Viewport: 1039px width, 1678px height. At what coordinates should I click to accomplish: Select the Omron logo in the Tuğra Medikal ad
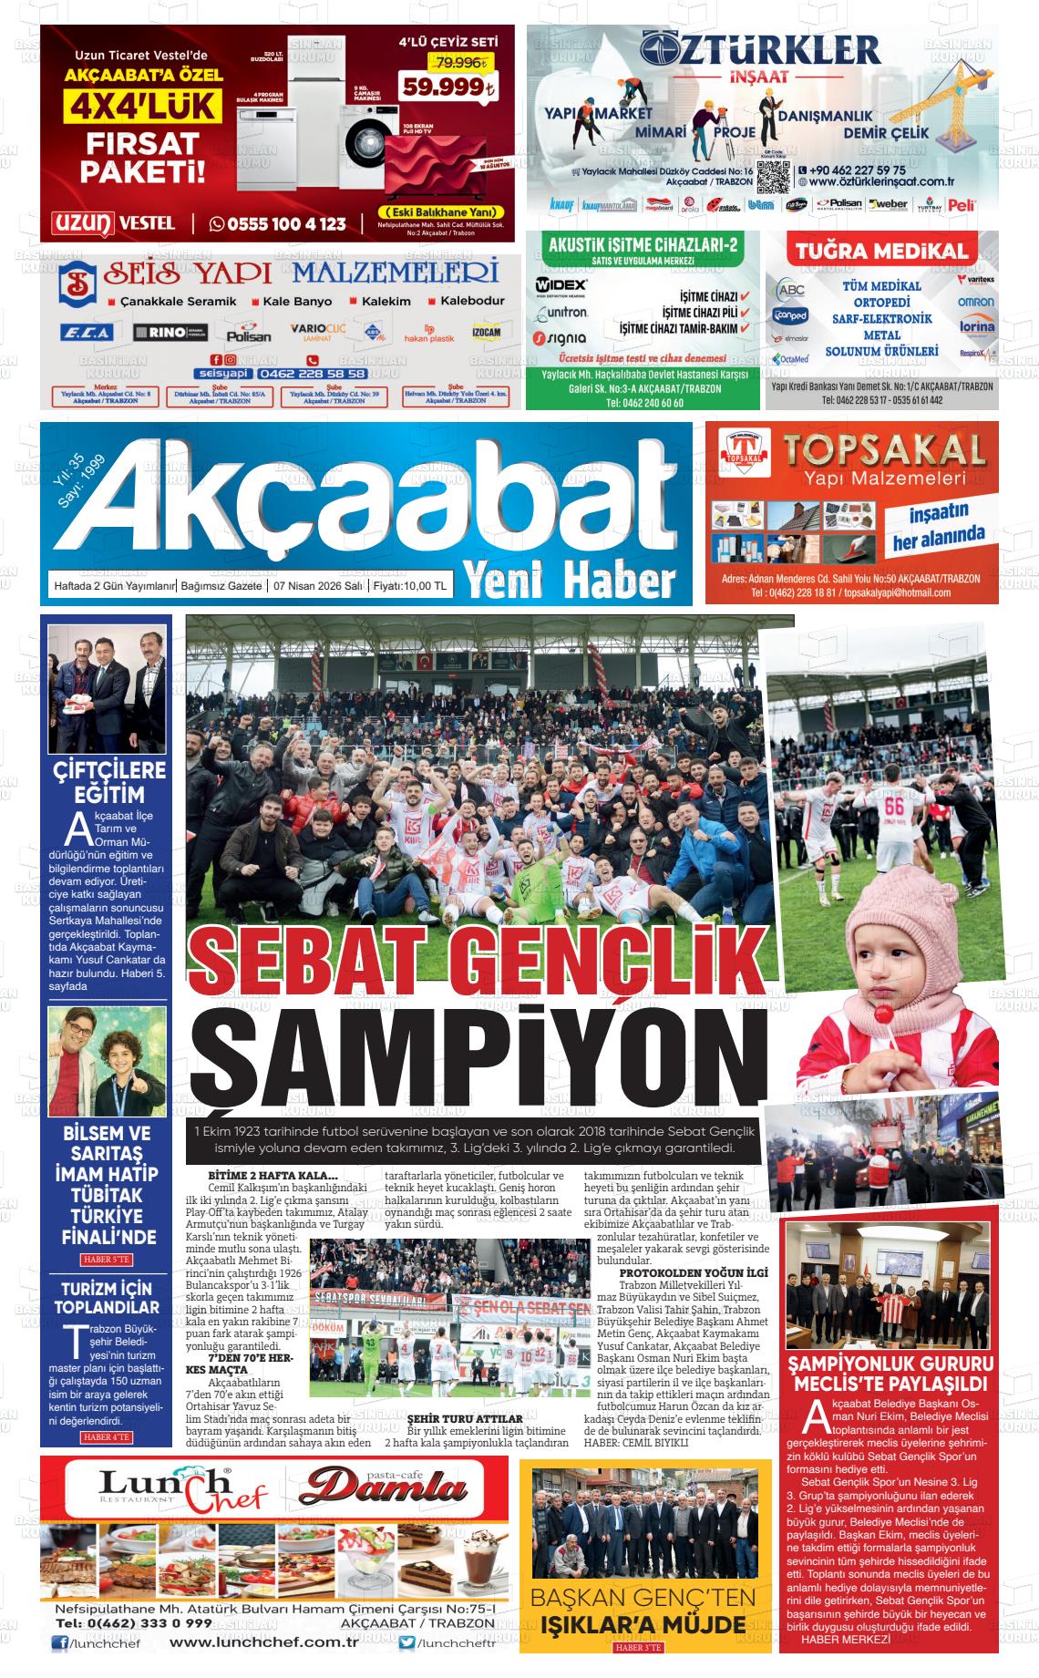(x=975, y=302)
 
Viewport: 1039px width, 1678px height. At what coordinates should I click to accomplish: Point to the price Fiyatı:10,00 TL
(x=408, y=587)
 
